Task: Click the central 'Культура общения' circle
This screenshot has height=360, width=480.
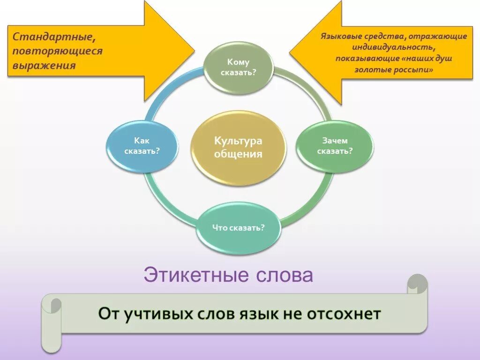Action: click(x=238, y=147)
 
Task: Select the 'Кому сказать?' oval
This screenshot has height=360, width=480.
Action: click(x=238, y=67)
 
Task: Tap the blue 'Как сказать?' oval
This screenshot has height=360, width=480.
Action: click(x=142, y=146)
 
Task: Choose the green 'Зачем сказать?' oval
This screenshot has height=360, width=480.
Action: click(x=335, y=146)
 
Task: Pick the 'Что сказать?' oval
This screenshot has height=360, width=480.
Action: click(x=238, y=228)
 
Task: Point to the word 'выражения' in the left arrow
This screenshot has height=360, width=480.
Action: click(x=44, y=65)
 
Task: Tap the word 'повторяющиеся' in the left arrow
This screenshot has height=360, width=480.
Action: click(x=57, y=51)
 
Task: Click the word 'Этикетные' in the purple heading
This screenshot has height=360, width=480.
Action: click(x=196, y=275)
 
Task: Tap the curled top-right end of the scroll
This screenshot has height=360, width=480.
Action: click(x=417, y=284)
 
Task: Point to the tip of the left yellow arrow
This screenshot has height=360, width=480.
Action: click(x=194, y=49)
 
